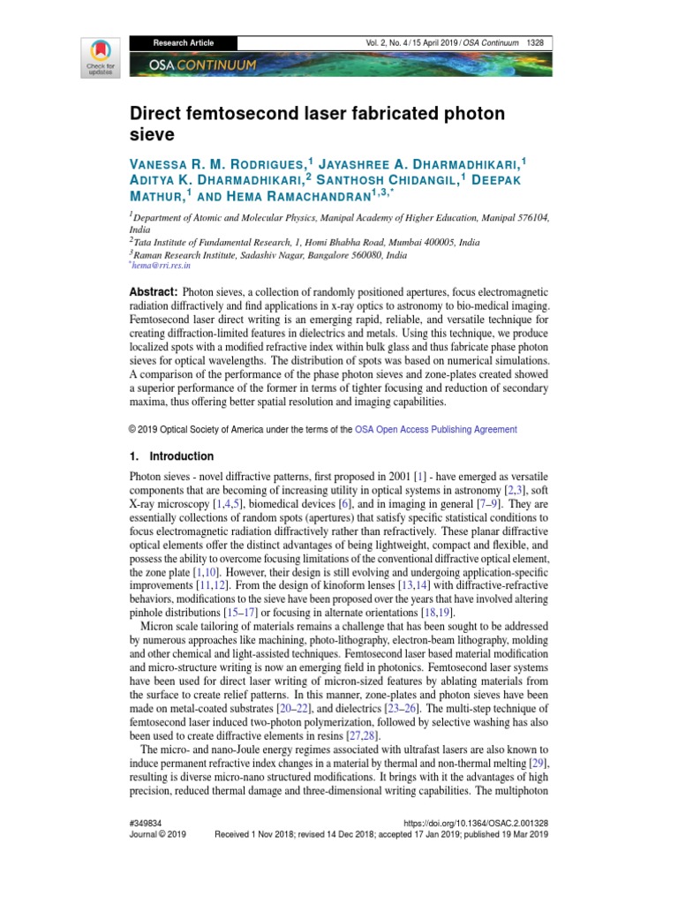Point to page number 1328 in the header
pos(535,42)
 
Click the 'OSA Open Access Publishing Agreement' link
pos(436,429)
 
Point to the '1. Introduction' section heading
pos(171,456)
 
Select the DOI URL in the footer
pos(477,821)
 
